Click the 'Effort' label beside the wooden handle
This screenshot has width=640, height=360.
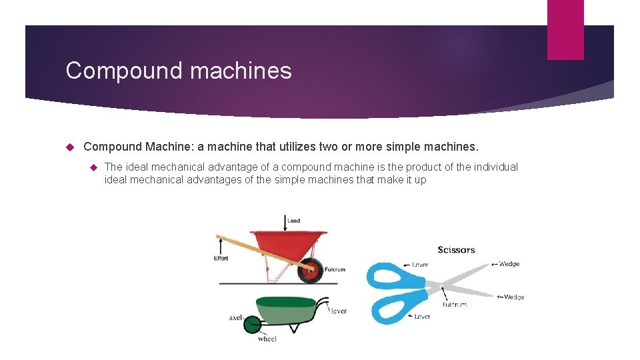click(x=221, y=258)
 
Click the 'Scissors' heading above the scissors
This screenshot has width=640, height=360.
click(x=456, y=250)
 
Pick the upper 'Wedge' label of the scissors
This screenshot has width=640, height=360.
click(x=509, y=264)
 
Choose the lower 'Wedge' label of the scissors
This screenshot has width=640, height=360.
click(x=513, y=297)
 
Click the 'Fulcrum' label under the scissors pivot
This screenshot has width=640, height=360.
click(x=455, y=305)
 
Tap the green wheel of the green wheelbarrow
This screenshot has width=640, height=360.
click(x=251, y=325)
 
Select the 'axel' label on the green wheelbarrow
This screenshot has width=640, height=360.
click(x=235, y=318)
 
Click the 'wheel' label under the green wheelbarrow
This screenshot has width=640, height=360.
click(x=267, y=339)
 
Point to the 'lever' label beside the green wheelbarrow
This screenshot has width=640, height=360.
click(x=339, y=311)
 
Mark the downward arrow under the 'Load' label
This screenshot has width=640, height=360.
click(x=285, y=224)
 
